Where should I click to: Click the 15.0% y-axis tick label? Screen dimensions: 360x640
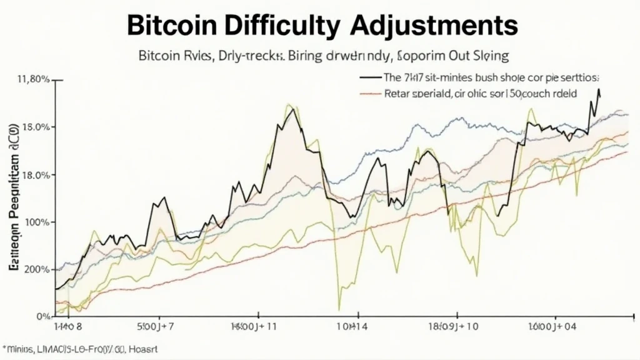pos(35,127)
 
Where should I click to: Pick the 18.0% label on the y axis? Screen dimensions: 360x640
pos(35,175)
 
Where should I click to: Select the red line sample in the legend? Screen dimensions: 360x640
pos(370,93)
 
